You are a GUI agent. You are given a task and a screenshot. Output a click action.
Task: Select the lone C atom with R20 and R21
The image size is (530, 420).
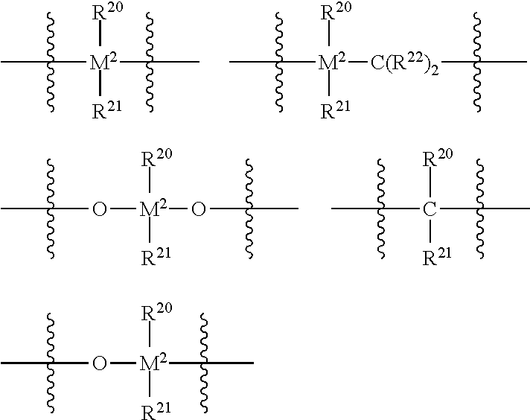click(430, 210)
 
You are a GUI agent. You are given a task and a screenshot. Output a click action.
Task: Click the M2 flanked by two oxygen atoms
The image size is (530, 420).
click(153, 209)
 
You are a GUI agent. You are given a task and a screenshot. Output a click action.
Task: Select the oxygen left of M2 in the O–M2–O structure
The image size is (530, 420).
click(99, 210)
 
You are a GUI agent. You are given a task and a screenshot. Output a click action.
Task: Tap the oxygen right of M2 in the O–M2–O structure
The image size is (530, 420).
click(197, 210)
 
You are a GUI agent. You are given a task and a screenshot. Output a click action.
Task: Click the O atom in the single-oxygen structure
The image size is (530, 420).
click(99, 364)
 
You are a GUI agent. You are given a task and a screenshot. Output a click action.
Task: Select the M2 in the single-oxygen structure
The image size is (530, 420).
click(153, 363)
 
